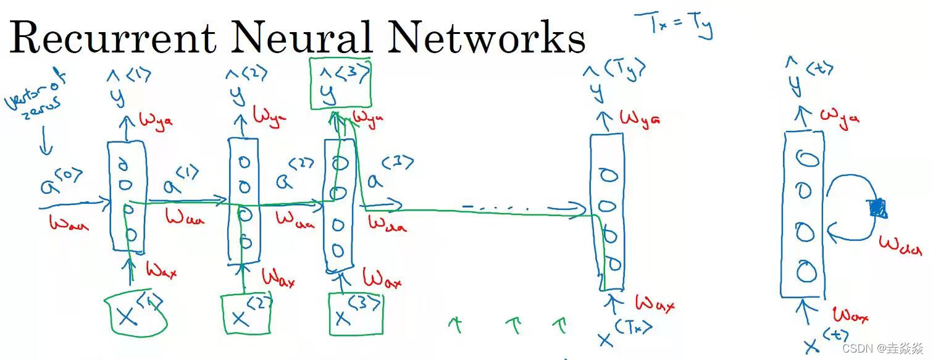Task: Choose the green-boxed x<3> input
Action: pos(356,314)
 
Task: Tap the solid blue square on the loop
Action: pos(877,209)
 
